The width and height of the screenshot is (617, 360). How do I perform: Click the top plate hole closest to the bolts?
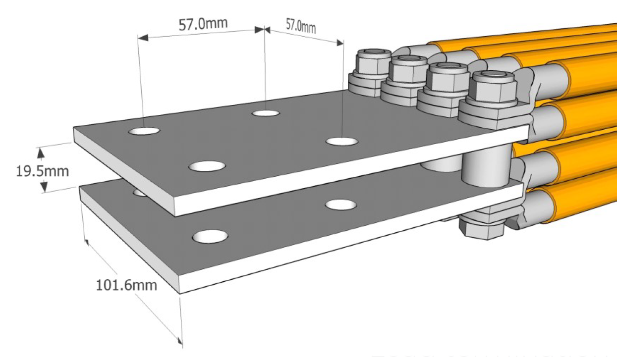tap(341, 142)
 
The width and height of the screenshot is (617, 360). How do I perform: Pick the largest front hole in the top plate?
tap(207, 166)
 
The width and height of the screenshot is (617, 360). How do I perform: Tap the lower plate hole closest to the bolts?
tap(341, 205)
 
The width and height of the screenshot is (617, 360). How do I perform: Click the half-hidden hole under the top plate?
tap(141, 192)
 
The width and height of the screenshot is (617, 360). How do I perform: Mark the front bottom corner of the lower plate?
tap(179, 293)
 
